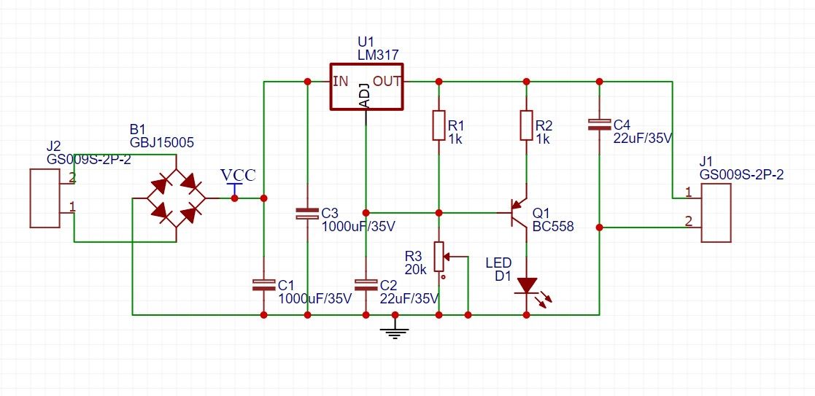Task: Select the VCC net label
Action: click(x=238, y=175)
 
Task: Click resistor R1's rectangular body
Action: click(x=439, y=125)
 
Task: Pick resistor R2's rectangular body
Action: click(x=526, y=125)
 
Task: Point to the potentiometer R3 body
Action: click(x=440, y=257)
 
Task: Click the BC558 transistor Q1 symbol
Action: click(x=518, y=212)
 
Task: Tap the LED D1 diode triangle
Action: click(x=527, y=286)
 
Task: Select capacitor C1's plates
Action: click(x=263, y=285)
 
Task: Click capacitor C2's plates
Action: click(x=366, y=285)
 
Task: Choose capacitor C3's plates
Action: click(x=307, y=213)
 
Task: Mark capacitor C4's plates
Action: click(x=599, y=125)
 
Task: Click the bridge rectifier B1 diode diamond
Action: click(x=176, y=198)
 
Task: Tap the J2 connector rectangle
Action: click(x=45, y=198)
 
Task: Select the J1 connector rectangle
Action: click(x=716, y=212)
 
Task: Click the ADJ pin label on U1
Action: click(x=365, y=95)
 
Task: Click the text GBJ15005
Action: click(x=161, y=142)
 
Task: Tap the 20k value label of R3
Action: click(x=416, y=268)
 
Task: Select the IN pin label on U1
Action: click(x=341, y=81)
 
